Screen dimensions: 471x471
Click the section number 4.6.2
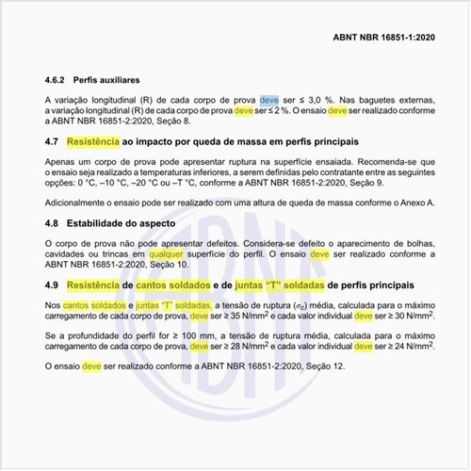59,81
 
